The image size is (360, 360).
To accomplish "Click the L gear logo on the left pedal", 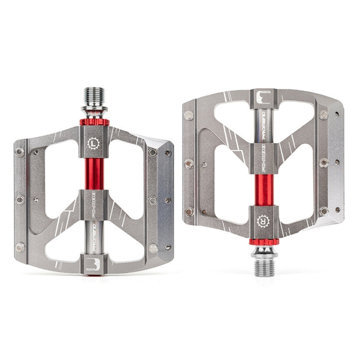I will (x=94, y=142).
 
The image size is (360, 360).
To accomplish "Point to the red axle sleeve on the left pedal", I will (x=94, y=171).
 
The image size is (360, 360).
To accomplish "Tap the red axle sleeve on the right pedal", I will (x=263, y=189).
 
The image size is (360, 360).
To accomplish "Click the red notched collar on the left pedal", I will (x=94, y=122).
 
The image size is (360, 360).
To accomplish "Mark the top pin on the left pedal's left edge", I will (x=20, y=152).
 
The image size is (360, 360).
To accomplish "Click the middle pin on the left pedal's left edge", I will (x=20, y=199).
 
